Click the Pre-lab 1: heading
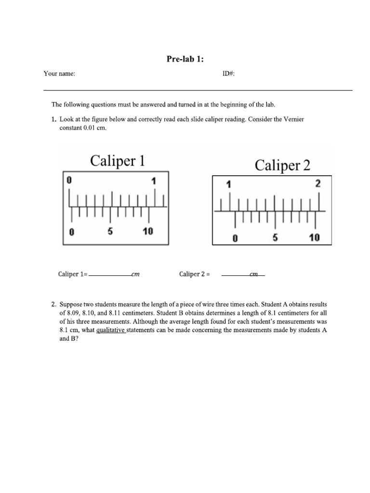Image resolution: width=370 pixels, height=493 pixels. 185,59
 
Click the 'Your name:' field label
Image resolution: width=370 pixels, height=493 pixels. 59,74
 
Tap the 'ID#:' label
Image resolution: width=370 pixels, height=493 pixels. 228,74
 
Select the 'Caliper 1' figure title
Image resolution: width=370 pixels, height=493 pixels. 117,161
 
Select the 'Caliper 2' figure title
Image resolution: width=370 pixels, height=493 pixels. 282,166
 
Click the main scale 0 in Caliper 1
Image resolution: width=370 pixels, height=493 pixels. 69,181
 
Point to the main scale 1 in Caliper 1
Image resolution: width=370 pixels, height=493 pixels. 154,181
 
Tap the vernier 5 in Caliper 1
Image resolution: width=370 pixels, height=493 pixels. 110,231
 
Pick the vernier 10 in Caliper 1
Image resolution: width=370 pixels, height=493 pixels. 147,231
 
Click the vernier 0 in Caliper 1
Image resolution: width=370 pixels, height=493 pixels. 71,232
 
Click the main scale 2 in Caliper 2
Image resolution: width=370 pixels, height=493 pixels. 318,183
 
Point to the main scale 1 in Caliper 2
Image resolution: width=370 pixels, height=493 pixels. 229,184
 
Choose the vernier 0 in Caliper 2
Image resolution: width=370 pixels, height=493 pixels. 235,237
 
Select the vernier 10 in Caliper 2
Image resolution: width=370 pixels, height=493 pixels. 314,237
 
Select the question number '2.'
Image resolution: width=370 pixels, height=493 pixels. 54,304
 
